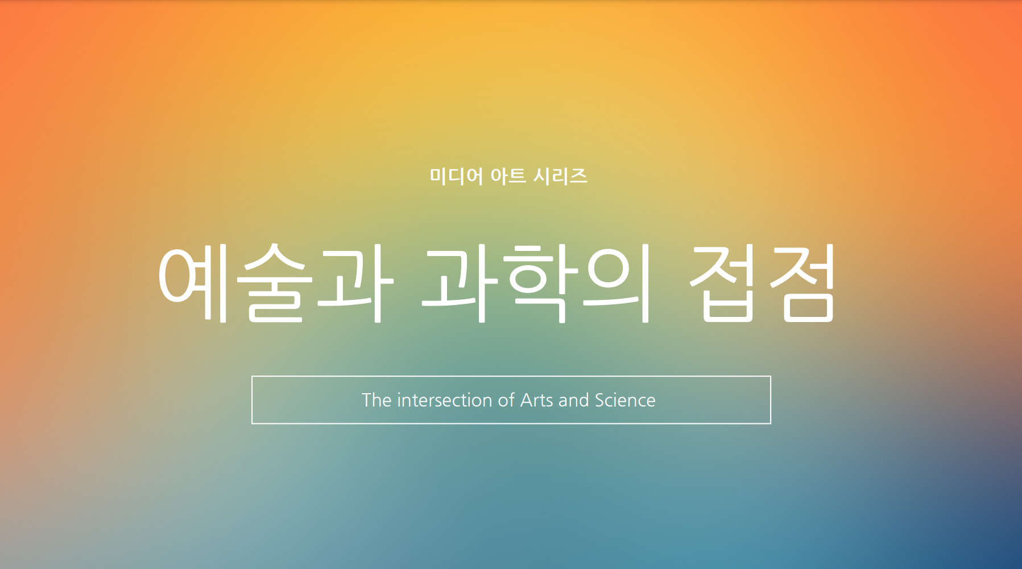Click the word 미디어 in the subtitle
(x=456, y=176)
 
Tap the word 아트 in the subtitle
(x=508, y=176)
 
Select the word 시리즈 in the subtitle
(x=560, y=176)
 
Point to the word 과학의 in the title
(x=536, y=283)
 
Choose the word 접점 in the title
(x=762, y=283)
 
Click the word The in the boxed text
(x=376, y=400)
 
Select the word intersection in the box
(x=445, y=400)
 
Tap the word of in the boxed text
(x=506, y=400)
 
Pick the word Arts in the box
(x=537, y=400)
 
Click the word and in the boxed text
(x=574, y=400)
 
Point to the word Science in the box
(x=625, y=400)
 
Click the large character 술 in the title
(x=275, y=283)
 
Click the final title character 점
(x=802, y=283)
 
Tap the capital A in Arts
(x=527, y=400)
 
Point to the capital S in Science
(x=600, y=400)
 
